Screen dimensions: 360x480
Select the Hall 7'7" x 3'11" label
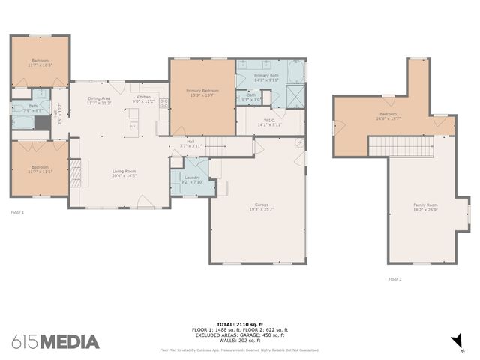pos(190,143)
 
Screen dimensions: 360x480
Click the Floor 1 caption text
pos(18,212)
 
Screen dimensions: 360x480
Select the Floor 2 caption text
pos(395,278)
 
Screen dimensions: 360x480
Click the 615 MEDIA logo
pos(55,342)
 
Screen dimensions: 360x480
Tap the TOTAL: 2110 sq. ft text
pos(239,324)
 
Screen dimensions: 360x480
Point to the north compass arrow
pos(455,342)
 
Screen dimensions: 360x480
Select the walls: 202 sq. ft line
pos(239,340)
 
